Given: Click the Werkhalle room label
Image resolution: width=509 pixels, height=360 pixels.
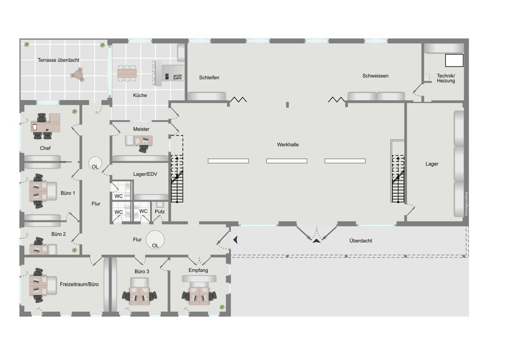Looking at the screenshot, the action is point(288,145).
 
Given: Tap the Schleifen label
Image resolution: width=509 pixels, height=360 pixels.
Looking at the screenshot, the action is point(209,78).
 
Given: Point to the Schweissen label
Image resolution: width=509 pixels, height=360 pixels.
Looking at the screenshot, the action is point(375,76).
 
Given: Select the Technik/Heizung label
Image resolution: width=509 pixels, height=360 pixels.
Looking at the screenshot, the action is point(446,78).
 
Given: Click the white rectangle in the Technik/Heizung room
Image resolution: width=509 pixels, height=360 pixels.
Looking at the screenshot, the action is point(454,60).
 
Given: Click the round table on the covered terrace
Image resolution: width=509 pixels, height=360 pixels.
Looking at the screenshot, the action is point(78,75).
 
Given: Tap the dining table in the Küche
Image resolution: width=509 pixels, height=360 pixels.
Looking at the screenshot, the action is point(127,73).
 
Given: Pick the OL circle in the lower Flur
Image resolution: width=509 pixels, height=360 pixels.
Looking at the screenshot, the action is point(155,239).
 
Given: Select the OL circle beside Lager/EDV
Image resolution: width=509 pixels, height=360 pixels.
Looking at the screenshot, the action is point(95,163).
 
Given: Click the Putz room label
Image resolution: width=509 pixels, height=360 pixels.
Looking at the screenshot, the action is point(159,211).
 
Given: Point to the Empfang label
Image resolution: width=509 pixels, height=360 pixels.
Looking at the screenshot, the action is point(198,270).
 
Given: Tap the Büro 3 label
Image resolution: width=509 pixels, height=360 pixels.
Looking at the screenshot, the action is point(142,272).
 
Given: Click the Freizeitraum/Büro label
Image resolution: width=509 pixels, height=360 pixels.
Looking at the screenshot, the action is point(79,284).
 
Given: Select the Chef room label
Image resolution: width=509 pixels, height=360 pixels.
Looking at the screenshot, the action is point(45,148).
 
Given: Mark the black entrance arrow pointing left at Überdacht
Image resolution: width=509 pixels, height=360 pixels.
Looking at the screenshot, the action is point(236,240).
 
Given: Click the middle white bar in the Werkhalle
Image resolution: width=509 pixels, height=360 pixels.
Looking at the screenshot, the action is point(287,161).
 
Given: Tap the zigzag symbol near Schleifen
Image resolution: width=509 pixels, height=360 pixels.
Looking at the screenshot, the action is point(238,99).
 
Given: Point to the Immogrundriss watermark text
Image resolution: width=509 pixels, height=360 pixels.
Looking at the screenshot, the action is point(466,204).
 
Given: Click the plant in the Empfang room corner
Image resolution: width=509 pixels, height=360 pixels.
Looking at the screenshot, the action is point(222,307).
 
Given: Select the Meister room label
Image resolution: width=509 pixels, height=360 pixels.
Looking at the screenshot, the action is point(141,129).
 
